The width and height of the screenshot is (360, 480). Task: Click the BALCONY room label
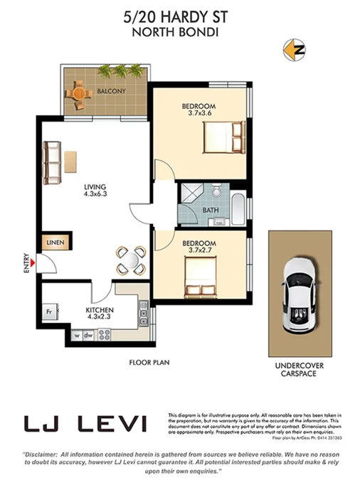[112, 91]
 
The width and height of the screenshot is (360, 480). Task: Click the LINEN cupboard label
[55, 243]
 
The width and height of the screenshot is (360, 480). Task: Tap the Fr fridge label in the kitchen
[51, 311]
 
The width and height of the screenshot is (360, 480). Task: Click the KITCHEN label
[100, 311]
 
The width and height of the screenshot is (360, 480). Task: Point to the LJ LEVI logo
[85, 425]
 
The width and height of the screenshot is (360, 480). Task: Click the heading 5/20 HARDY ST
[180, 16]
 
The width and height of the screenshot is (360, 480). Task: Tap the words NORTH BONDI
[180, 31]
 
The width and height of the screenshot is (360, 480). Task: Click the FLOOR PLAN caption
[148, 362]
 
